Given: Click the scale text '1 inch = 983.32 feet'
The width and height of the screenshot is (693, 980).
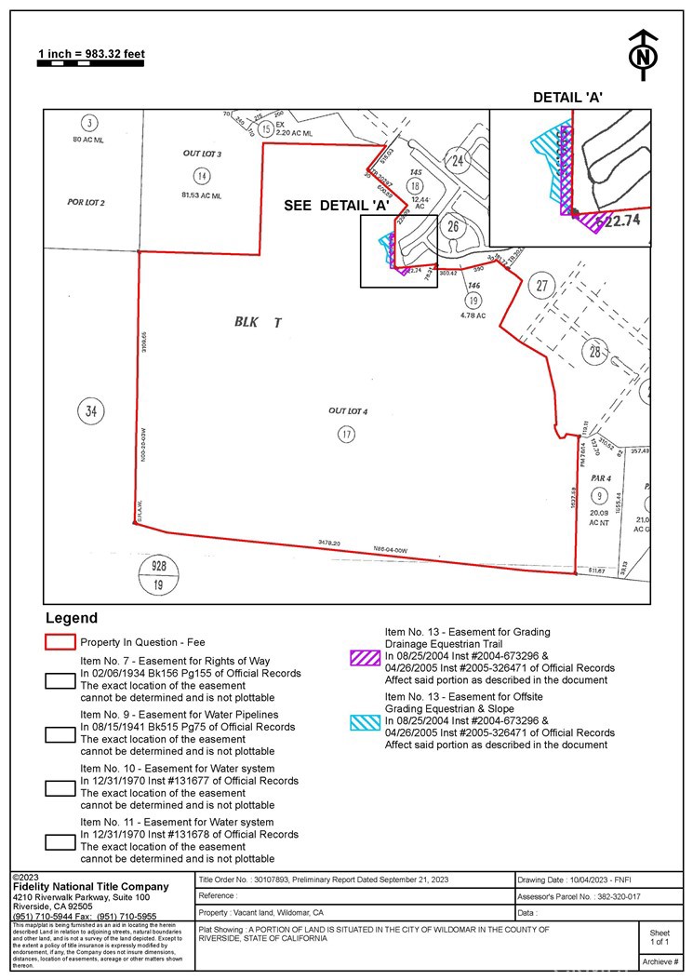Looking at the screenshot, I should (x=91, y=54).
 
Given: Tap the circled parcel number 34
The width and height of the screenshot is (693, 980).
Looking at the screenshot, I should (x=91, y=410).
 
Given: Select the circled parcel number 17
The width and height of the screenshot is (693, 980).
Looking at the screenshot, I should (x=345, y=434).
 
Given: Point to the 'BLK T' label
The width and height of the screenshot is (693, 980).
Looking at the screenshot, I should (x=257, y=322).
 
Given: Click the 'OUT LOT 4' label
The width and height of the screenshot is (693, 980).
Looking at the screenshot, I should (x=348, y=410).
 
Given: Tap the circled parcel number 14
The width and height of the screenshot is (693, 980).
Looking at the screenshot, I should (x=201, y=176).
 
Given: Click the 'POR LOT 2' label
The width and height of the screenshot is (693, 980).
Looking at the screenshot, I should (x=87, y=202).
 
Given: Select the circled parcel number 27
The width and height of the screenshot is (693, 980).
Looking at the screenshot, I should (x=541, y=286).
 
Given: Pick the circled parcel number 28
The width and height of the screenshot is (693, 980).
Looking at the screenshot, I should (x=595, y=351).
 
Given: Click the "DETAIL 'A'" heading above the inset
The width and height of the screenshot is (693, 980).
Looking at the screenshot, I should (x=568, y=98).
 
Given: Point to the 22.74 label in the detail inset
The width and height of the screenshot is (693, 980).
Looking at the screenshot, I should (x=623, y=222).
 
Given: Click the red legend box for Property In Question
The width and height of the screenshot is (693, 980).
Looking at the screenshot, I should (x=60, y=642).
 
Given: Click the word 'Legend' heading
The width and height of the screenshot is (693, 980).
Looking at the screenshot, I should (x=71, y=618).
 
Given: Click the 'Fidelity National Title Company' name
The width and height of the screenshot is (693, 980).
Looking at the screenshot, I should (x=90, y=887).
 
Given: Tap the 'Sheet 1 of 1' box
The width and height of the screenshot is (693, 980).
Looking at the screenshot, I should (x=659, y=937).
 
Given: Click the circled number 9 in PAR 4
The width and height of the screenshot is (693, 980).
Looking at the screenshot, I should (x=600, y=495).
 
